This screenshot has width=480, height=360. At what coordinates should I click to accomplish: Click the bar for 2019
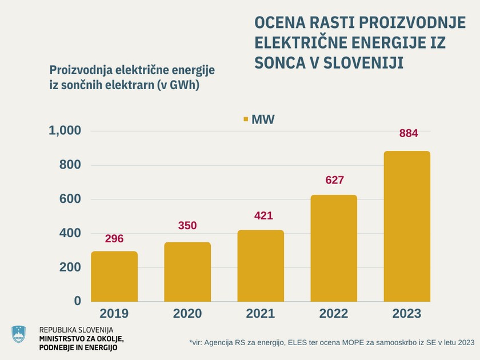[x=114, y=277]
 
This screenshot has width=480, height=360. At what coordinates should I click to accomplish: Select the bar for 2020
[x=187, y=272]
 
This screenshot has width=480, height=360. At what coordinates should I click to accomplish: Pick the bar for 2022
[x=334, y=249]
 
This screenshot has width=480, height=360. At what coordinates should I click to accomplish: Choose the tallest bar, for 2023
[x=407, y=226]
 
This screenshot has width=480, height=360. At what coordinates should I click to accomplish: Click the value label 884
[x=409, y=134]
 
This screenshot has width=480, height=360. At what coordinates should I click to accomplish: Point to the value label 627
[x=334, y=180]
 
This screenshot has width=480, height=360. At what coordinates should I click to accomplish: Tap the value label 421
[x=263, y=216]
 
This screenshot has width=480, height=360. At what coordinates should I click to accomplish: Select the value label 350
[x=187, y=226]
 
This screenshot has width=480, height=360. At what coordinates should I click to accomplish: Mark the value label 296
[x=114, y=239]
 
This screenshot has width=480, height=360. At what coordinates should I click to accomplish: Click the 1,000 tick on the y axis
[x=65, y=131]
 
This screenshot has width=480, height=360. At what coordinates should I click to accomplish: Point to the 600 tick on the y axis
[x=70, y=199]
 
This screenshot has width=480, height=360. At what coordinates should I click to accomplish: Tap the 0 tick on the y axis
[x=78, y=301]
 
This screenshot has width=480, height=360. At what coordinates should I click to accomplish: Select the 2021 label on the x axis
[x=261, y=314]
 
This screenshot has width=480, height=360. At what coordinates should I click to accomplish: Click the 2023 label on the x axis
[x=407, y=314]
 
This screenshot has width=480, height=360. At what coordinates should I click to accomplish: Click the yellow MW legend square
[x=246, y=119]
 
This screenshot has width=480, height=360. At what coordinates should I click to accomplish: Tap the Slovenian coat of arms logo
[x=19, y=334]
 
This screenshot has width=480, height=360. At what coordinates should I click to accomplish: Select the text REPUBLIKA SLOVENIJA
[x=76, y=330]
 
